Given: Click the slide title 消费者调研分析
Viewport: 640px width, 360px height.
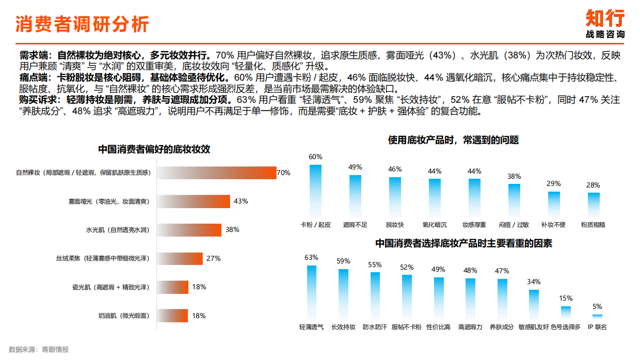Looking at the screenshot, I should point(82,24).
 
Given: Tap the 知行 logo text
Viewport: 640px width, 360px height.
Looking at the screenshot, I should point(605,18).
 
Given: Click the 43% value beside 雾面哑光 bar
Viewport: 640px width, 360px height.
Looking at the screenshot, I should point(241,201).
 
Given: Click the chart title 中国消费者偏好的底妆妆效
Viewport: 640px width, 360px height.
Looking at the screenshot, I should point(154,150).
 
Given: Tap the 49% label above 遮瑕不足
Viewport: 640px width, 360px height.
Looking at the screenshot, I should point(355,167).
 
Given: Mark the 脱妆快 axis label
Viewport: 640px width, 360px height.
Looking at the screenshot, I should point(395,225).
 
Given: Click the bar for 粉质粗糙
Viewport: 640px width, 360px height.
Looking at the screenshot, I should point(594,204).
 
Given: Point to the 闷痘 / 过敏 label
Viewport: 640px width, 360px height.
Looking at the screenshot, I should point(514,225).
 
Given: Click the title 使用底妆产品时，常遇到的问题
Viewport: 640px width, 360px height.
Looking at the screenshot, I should point(453,140).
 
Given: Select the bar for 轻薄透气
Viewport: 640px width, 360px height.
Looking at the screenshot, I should point(312,291).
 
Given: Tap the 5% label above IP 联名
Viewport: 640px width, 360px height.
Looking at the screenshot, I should point(597,306).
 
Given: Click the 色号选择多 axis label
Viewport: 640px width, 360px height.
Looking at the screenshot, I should point(566,327).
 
